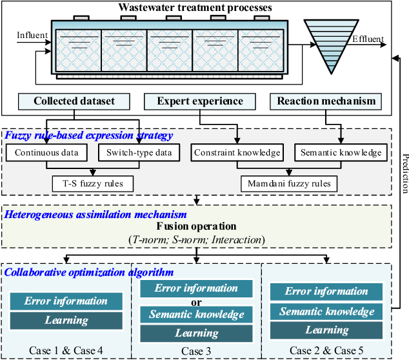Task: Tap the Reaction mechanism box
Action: [x=326, y=102]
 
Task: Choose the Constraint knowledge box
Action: [x=236, y=153]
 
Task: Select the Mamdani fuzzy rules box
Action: [x=289, y=183]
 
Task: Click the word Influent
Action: [x=32, y=34]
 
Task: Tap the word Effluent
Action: [x=368, y=40]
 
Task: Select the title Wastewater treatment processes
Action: [x=195, y=8]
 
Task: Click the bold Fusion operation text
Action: [x=196, y=227]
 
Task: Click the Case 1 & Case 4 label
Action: [x=66, y=351]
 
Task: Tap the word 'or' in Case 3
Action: [x=195, y=301]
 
